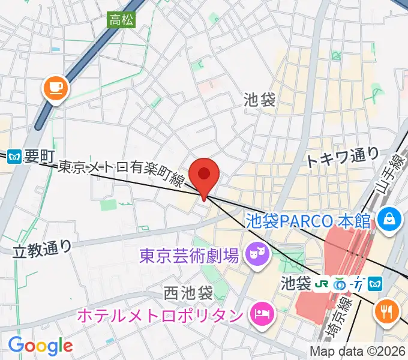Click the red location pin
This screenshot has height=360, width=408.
click(x=205, y=175)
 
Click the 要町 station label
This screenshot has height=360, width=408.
click(x=40, y=157)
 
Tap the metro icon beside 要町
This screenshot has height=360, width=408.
click(x=15, y=158)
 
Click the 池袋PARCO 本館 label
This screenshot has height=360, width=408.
click(x=308, y=220)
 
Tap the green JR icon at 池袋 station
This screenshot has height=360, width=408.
click(x=323, y=283)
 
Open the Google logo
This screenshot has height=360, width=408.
click(x=40, y=346)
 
